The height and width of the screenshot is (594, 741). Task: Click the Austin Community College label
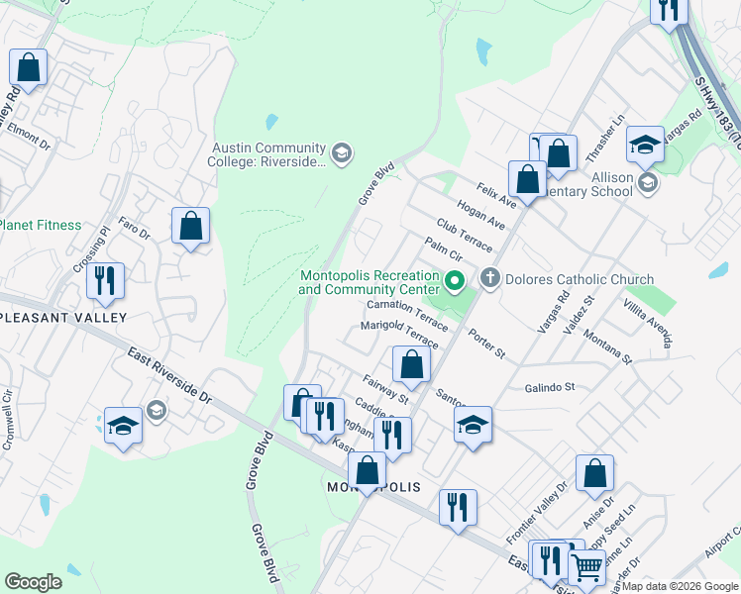tap(266, 154)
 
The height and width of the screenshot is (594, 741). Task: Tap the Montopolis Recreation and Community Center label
tap(369, 282)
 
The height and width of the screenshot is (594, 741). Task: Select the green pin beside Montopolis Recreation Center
tap(455, 282)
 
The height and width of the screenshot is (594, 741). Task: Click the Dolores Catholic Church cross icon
tap(489, 279)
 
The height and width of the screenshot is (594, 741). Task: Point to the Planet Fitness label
tap(40, 225)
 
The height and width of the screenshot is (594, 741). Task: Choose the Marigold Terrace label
tap(398, 334)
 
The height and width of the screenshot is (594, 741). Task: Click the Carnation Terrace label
tap(406, 314)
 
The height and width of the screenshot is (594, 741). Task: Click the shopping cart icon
tap(586, 568)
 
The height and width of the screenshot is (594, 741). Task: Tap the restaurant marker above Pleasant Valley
tap(105, 281)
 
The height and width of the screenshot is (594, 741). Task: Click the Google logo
tap(33, 582)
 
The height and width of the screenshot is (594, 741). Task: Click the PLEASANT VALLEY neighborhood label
tap(63, 317)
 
